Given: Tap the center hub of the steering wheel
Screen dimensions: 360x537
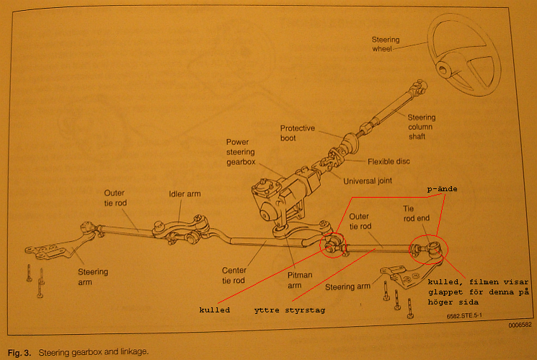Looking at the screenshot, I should pyautogui.click(x=445, y=71).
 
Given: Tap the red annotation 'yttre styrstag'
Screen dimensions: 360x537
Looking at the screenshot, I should pyautogui.click(x=284, y=311).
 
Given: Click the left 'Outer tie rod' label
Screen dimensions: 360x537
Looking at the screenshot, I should pyautogui.click(x=115, y=198).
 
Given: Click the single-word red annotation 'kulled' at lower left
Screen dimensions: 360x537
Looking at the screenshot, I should pyautogui.click(x=215, y=310).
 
